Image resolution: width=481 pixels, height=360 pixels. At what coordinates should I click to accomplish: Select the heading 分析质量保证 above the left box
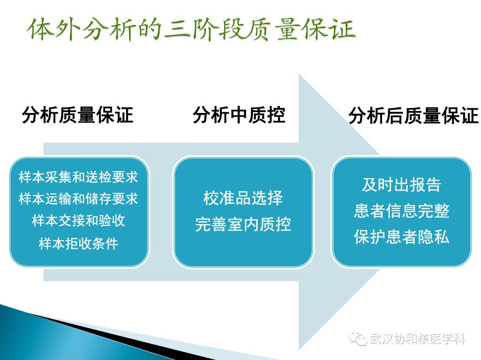tap(77, 115)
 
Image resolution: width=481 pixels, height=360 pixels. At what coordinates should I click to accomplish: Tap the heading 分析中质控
tap(239, 115)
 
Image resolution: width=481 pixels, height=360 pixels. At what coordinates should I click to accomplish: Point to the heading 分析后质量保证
tap(413, 116)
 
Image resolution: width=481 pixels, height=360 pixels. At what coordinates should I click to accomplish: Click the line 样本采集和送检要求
tap(78, 177)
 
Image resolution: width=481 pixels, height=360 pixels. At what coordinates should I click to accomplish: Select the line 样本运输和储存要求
tap(78, 199)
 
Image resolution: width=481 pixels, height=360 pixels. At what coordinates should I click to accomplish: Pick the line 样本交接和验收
tap(78, 221)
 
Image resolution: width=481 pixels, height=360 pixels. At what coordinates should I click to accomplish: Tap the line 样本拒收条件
tap(78, 244)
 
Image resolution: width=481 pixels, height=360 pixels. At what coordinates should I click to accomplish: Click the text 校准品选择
tap(243, 198)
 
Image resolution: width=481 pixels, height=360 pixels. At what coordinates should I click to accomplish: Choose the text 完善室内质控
tap(243, 224)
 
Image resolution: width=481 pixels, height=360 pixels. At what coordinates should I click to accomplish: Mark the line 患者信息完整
tap(401, 211)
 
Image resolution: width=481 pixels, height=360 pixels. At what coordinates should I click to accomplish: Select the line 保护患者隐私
tap(401, 237)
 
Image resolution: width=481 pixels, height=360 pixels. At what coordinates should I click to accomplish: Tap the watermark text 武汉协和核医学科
tap(417, 340)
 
